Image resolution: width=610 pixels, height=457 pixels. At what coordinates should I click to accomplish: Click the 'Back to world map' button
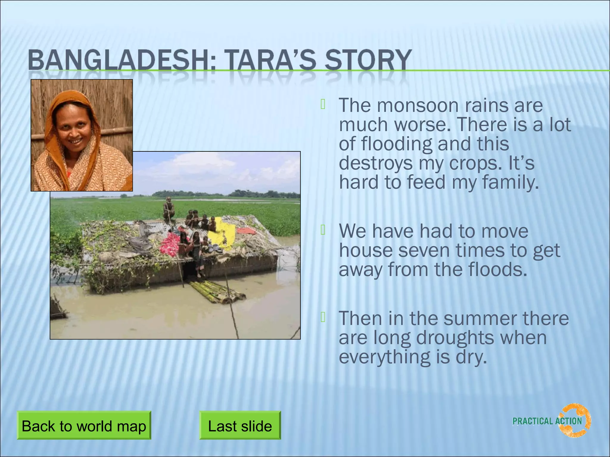[x=84, y=425]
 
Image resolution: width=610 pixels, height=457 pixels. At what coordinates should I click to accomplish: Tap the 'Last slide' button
[x=240, y=425]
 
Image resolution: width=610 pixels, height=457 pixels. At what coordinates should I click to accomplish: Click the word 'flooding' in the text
[x=396, y=144]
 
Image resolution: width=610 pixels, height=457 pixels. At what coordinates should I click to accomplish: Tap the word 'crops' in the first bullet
[x=473, y=163]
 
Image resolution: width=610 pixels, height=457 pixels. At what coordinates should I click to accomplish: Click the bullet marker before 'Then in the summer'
[x=323, y=317]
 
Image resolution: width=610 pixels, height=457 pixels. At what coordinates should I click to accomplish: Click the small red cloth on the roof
[x=246, y=231]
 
